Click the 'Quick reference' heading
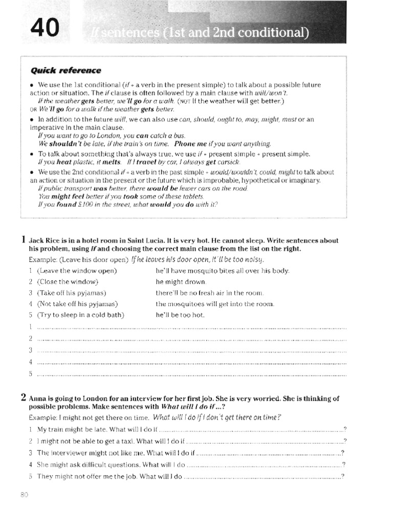pyautogui.click(x=66, y=70)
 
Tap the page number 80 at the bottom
pyautogui.click(x=25, y=494)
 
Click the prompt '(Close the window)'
pyautogui.click(x=68, y=281)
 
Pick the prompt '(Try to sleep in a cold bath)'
pyautogui.click(x=80, y=315)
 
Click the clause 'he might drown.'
pyautogui.click(x=181, y=281)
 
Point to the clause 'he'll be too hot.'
pyautogui.click(x=180, y=315)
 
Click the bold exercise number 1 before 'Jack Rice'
pyautogui.click(x=24, y=239)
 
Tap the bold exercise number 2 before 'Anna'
pyautogui.click(x=24, y=397)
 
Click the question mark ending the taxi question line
pyautogui.click(x=345, y=441)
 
